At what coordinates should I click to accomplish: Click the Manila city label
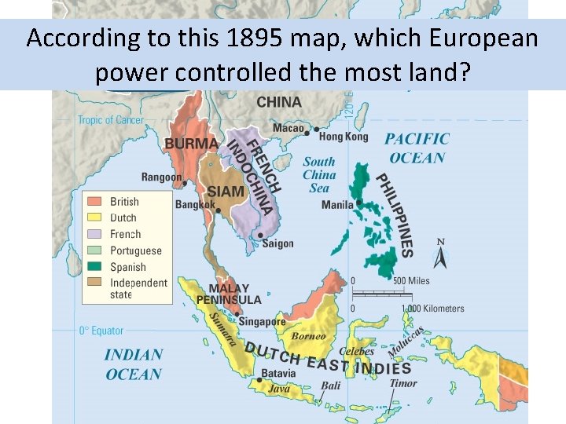337,205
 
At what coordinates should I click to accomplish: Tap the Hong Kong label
344,137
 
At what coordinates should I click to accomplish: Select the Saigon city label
277,243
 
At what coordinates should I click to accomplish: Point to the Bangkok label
195,205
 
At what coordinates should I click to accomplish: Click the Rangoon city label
162,177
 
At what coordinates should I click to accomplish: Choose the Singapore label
263,322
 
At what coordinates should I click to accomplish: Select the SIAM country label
225,192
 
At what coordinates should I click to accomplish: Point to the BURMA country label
191,144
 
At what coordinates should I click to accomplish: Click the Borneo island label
308,337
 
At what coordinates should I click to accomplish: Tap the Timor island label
403,383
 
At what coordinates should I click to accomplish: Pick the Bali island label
331,386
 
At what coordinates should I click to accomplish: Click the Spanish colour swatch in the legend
95,267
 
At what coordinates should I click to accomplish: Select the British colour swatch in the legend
95,202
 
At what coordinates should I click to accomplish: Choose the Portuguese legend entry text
136,250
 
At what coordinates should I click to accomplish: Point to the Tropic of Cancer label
110,120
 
